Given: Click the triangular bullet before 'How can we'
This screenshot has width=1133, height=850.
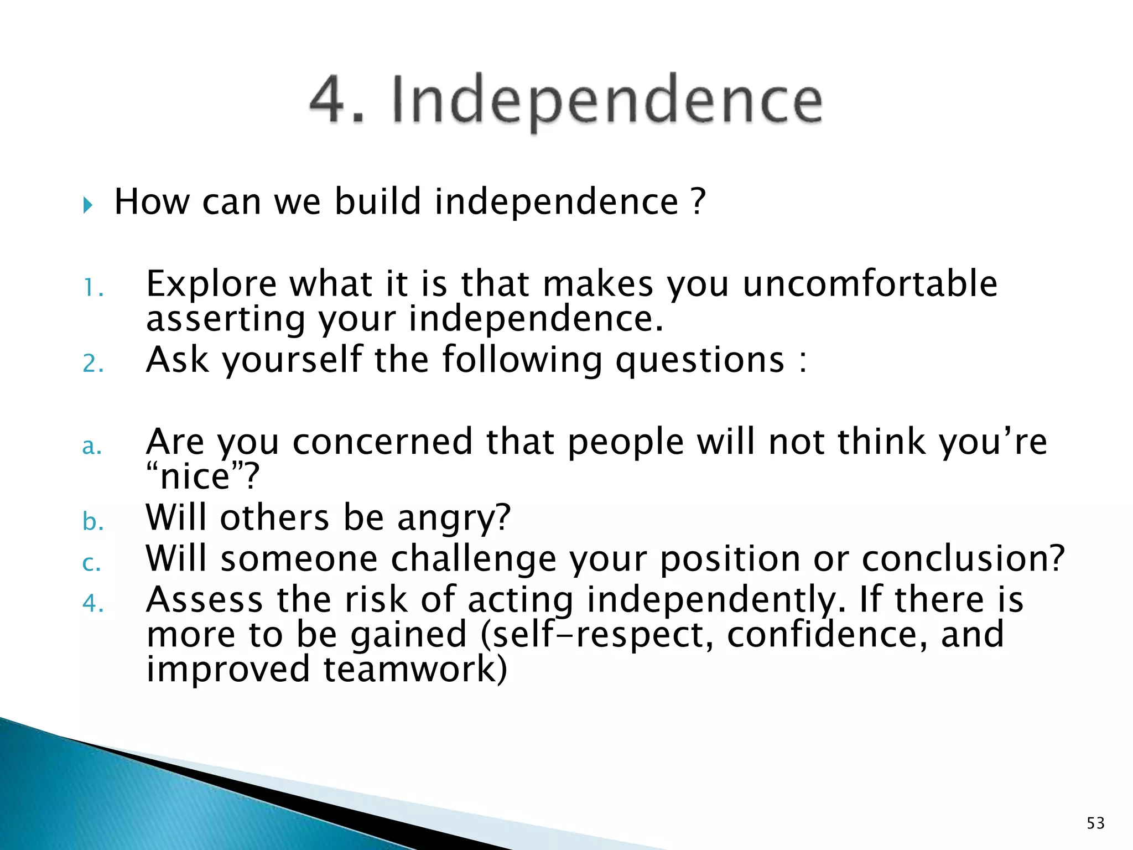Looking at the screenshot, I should click(x=88, y=206).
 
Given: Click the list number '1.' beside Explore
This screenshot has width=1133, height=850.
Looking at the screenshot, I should click(x=93, y=288).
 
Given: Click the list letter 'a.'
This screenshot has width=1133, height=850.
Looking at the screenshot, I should click(x=92, y=446).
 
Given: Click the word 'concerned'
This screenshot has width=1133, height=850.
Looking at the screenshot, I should click(x=382, y=442).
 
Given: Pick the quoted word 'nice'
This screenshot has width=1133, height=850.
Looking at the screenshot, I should click(x=195, y=477).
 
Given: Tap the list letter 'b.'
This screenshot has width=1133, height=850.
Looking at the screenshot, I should click(x=93, y=522).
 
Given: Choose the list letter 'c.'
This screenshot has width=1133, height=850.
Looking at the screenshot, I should click(x=92, y=563).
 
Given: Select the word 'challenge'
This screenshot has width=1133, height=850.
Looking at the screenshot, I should click(x=474, y=559).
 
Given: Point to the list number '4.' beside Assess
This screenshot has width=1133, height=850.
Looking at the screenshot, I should click(x=93, y=603).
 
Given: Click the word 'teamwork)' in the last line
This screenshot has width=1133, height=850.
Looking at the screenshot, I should click(x=415, y=669).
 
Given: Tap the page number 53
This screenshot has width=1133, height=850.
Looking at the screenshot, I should click(x=1095, y=823).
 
